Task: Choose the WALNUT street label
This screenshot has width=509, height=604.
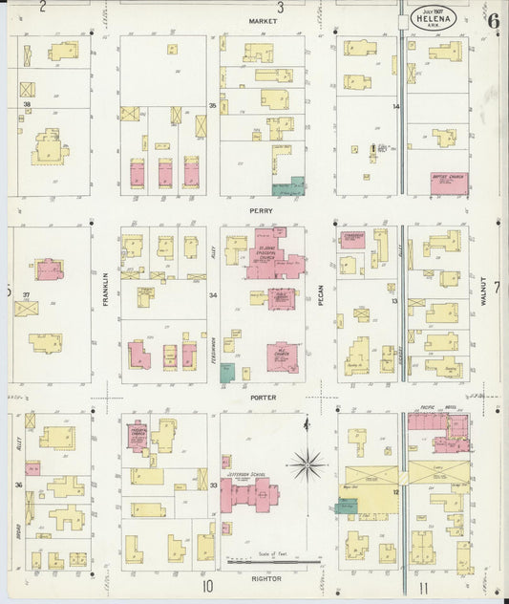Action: click(485, 290)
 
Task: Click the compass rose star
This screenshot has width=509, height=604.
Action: click(307, 466)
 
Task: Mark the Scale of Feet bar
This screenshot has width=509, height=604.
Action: click(272, 563)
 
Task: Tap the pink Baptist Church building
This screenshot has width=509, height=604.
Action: click(448, 183)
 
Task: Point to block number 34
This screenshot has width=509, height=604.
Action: click(214, 295)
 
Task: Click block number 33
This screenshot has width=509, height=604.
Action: click(214, 485)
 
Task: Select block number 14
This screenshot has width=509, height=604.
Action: click(394, 107)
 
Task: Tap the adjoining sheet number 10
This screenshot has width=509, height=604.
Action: click(206, 586)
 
